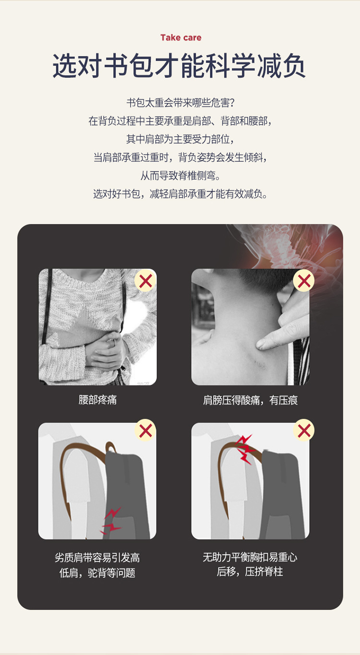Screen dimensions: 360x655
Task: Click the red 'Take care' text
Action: pyautogui.click(x=181, y=38)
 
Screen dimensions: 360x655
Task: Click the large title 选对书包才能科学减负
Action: pyautogui.click(x=179, y=66)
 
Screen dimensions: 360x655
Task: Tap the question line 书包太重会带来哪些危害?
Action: pyautogui.click(x=180, y=103)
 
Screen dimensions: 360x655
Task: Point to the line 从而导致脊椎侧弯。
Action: pyautogui.click(x=180, y=176)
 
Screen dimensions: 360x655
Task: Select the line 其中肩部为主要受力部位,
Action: pyautogui.click(x=180, y=139)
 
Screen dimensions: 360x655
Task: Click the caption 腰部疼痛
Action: pyautogui.click(x=97, y=400)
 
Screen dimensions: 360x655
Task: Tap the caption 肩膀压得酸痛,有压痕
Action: pyautogui.click(x=251, y=400)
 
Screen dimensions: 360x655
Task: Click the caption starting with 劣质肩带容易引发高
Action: pyautogui.click(x=97, y=565)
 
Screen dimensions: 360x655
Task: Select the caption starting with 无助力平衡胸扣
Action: pyautogui.click(x=250, y=564)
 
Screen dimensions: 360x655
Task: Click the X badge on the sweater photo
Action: pyautogui.click(x=145, y=281)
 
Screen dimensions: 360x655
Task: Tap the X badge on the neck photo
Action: pyautogui.click(x=304, y=281)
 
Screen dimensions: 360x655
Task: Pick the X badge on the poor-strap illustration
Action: pyautogui.click(x=145, y=430)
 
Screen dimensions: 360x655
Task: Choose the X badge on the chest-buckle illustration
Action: pyautogui.click(x=304, y=430)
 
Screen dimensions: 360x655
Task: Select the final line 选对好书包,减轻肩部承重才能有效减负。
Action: pyautogui.click(x=180, y=193)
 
